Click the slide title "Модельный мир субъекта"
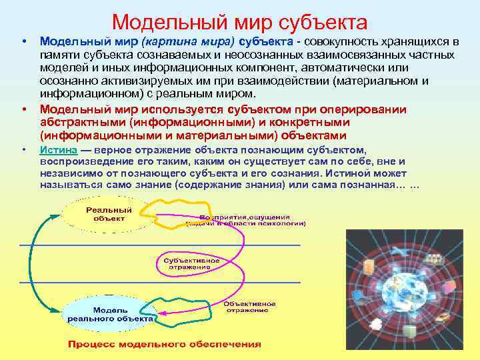point(240,22)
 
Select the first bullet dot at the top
point(24,43)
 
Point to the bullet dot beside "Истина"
point(24,149)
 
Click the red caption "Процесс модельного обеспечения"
point(164,344)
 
